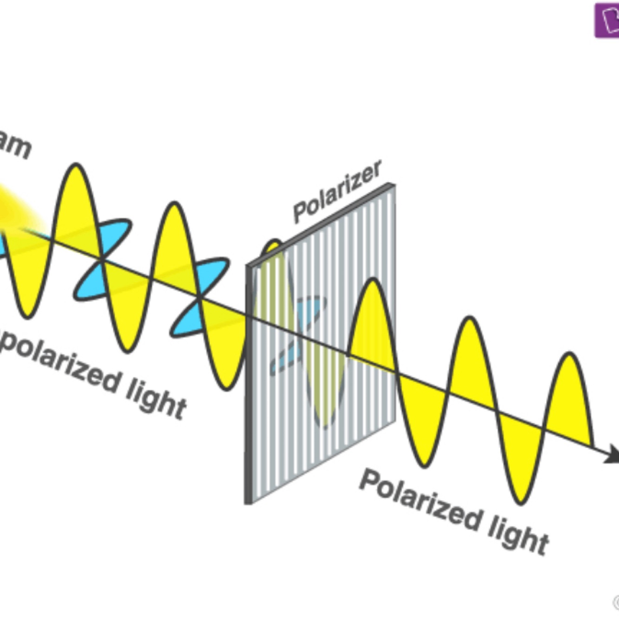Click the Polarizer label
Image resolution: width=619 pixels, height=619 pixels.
click(338, 192)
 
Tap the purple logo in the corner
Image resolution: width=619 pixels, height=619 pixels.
click(607, 19)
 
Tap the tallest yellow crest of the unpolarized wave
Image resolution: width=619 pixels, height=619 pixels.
click(76, 204)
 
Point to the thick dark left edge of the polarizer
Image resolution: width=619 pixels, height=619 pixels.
click(249, 385)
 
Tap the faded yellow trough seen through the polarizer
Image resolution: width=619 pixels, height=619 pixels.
click(325, 394)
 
